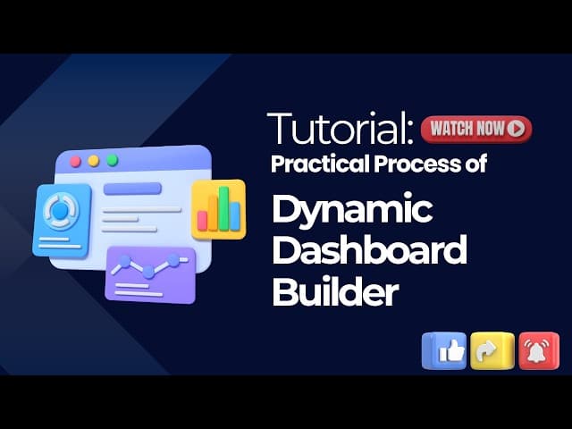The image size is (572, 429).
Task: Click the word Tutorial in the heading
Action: tap(341, 128)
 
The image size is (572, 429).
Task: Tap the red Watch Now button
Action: tap(476, 129)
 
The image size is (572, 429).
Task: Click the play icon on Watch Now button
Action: tap(516, 129)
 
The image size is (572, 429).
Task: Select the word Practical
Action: tap(321, 164)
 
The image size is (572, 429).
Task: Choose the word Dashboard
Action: tap(369, 250)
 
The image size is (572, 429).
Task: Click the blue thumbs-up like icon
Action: tap(444, 351)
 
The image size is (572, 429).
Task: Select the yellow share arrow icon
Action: tap(492, 351)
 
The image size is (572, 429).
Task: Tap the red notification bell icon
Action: tap(539, 351)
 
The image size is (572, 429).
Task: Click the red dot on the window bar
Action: tap(75, 162)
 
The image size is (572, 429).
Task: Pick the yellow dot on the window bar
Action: tap(93, 161)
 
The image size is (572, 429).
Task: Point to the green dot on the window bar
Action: tap(112, 160)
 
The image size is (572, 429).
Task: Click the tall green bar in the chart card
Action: tap(223, 208)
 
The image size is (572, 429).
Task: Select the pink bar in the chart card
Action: tap(202, 221)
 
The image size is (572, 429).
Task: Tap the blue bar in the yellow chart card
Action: tap(235, 216)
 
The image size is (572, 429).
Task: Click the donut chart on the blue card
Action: tap(61, 211)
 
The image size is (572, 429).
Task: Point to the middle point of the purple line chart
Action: tap(148, 272)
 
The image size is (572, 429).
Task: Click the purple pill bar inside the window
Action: tap(132, 189)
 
